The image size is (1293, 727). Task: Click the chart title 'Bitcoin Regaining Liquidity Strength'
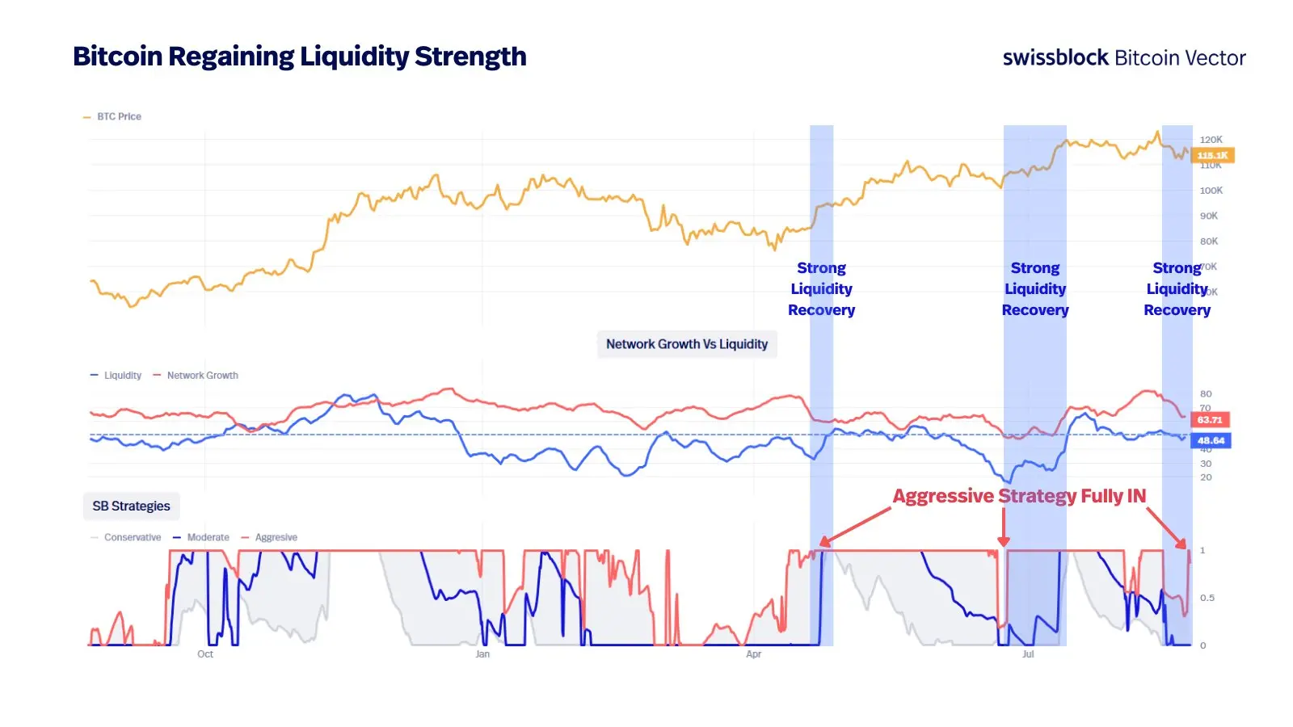[x=299, y=57]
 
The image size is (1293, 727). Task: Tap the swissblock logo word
[x=1055, y=57]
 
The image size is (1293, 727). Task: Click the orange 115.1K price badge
[x=1212, y=155]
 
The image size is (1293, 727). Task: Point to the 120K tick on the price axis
[x=1211, y=140]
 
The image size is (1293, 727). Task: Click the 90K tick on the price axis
[x=1209, y=216]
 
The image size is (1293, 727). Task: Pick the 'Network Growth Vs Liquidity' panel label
[x=687, y=344]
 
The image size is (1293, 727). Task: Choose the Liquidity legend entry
[x=122, y=376]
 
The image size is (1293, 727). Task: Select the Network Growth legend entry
[x=202, y=376]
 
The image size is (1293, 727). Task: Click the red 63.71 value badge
[x=1210, y=420]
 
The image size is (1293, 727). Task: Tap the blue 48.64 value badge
[x=1211, y=441]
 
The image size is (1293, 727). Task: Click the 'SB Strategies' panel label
[x=131, y=506]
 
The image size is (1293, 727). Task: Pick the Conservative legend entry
[x=132, y=538]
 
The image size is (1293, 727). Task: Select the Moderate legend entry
[x=208, y=538]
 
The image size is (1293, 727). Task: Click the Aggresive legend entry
[x=276, y=538]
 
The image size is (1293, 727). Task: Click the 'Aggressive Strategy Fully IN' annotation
[x=1019, y=496]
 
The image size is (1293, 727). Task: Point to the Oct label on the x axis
[x=205, y=654]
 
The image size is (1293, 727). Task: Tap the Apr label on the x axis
[x=753, y=654]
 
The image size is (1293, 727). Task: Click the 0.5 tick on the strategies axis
[x=1207, y=598]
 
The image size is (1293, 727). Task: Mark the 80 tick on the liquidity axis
[x=1206, y=394]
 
